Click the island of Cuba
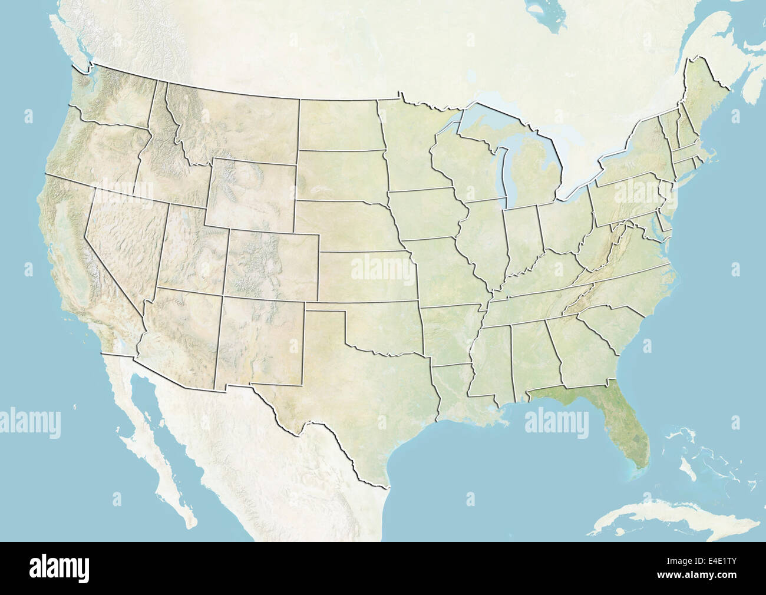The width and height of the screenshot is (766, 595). pos(666,518)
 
